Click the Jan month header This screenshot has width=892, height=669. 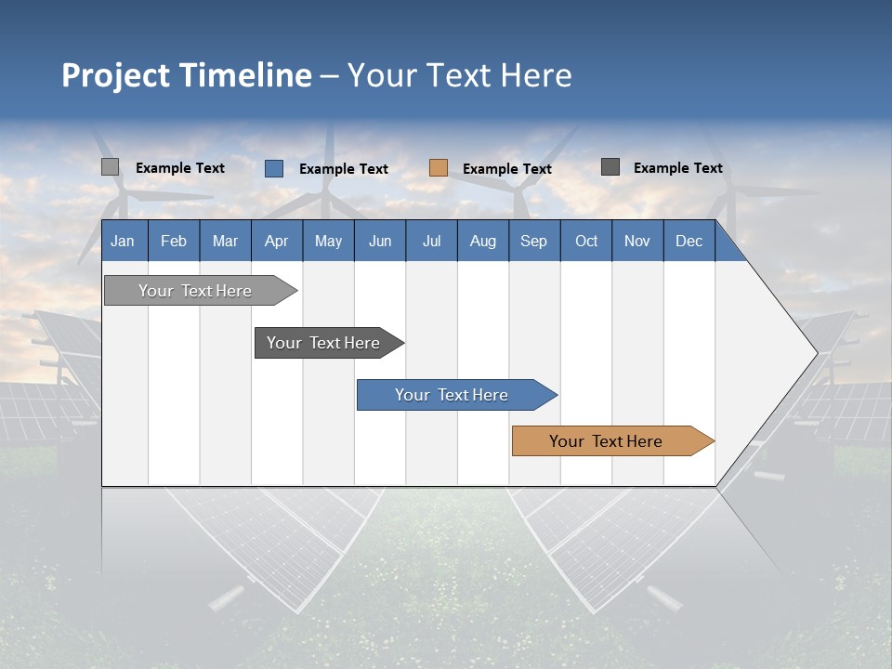click(x=124, y=241)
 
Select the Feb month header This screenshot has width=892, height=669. click(x=174, y=241)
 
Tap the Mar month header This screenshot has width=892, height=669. click(x=225, y=241)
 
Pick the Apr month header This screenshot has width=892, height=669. click(x=277, y=241)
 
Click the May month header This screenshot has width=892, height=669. click(x=328, y=241)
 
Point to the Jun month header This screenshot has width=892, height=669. click(x=380, y=241)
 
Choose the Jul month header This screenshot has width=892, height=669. click(x=431, y=241)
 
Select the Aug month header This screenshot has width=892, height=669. click(x=483, y=241)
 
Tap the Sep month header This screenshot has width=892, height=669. click(x=534, y=241)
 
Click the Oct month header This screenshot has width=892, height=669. click(x=586, y=241)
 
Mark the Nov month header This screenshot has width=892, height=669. click(x=637, y=241)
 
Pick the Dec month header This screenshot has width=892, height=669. click(x=689, y=241)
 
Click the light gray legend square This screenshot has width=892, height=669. click(x=110, y=167)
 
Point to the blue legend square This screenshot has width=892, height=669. click(x=274, y=168)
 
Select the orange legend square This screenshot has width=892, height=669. click(x=439, y=168)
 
